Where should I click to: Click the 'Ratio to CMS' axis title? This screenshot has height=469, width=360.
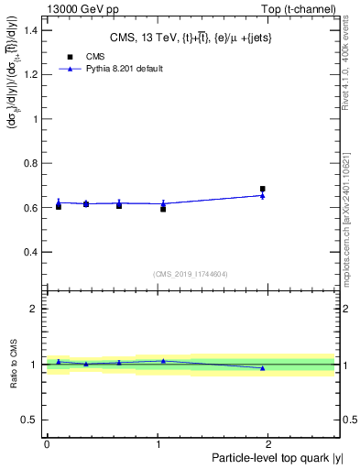[13, 365]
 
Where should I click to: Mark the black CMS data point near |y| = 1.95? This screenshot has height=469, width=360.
[263, 189]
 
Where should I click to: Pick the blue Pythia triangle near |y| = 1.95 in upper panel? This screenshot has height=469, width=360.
[263, 195]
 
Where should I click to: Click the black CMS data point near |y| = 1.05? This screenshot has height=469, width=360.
[163, 209]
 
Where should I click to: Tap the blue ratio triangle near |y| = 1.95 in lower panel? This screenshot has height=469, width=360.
[263, 368]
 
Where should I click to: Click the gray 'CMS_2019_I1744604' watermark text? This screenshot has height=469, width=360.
[190, 274]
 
